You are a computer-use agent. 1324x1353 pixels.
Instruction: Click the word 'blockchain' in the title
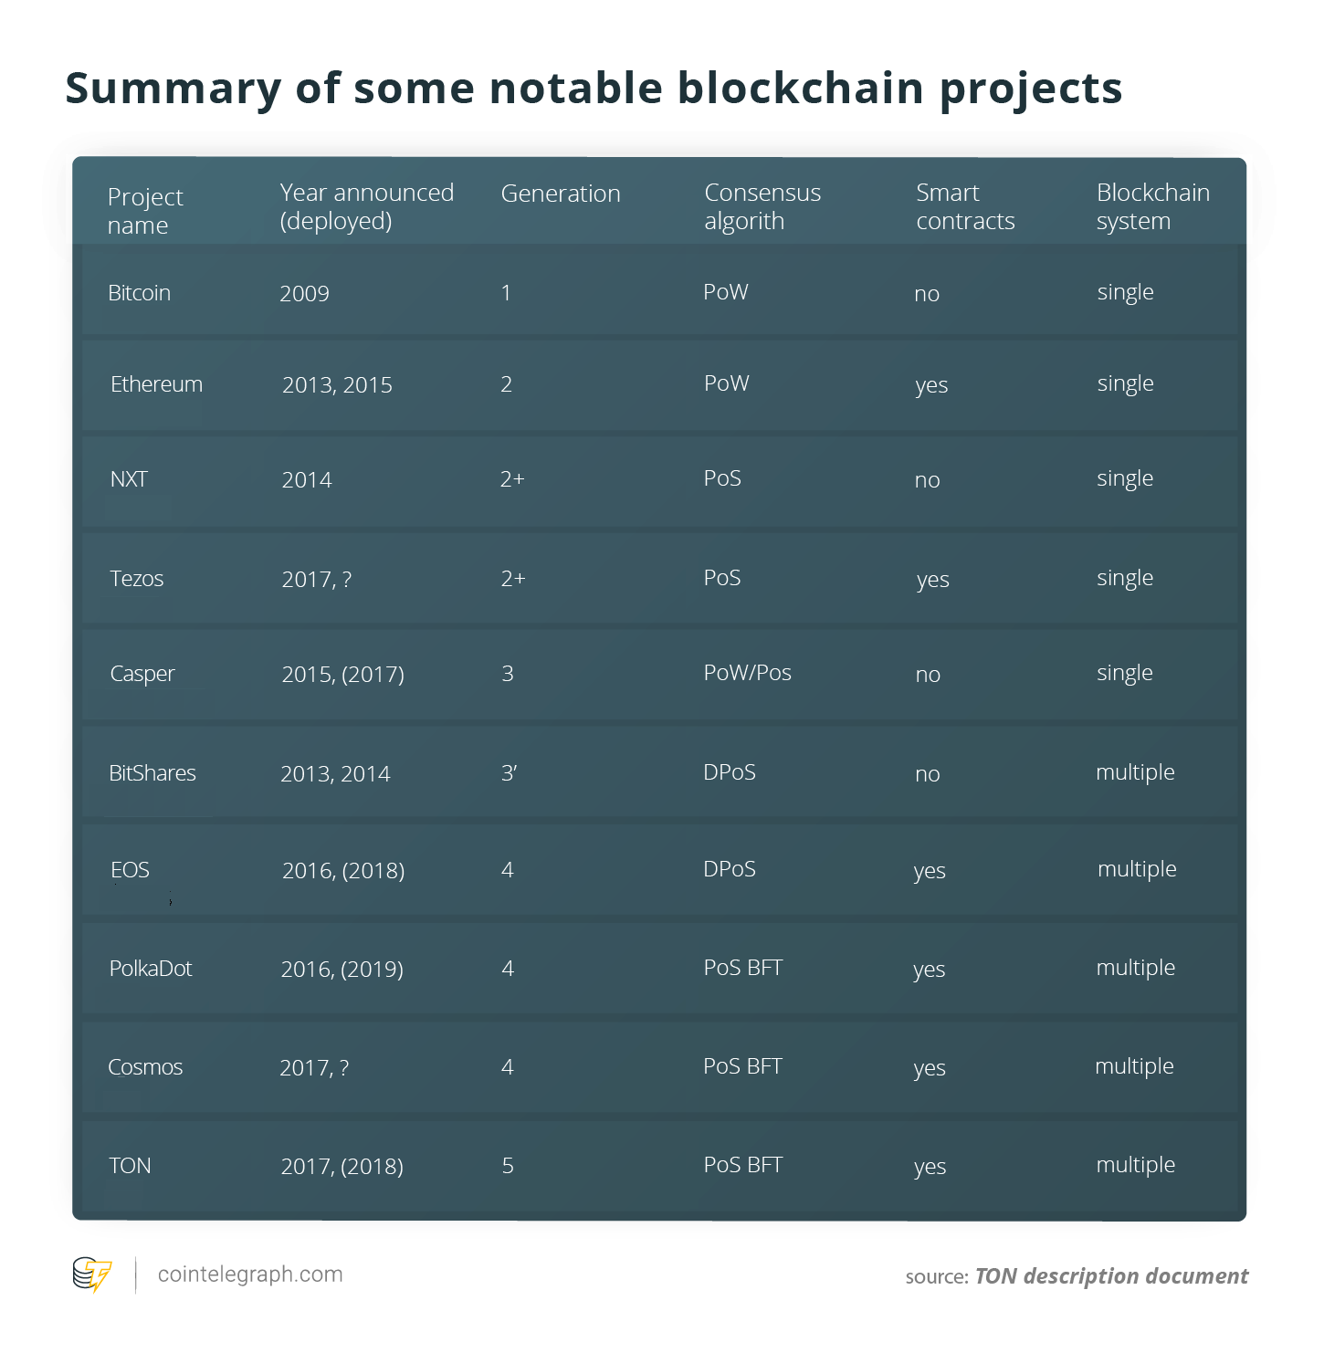[x=801, y=89]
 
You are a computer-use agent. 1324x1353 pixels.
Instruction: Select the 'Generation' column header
[x=561, y=194]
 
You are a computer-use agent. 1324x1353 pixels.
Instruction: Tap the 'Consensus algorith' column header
[x=762, y=206]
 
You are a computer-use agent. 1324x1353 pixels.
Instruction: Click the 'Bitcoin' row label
[x=139, y=293]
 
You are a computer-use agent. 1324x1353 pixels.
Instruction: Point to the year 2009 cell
[x=305, y=293]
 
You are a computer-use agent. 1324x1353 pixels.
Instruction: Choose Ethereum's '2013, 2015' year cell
[x=337, y=384]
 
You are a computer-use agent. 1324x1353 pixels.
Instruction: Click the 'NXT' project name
[x=129, y=479]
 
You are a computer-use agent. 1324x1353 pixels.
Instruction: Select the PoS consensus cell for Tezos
[x=721, y=578]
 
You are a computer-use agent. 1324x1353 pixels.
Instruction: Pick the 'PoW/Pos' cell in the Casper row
[x=748, y=672]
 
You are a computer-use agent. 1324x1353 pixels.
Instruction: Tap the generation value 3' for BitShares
[x=509, y=772]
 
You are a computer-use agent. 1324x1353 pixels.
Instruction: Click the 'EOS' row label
[x=130, y=870]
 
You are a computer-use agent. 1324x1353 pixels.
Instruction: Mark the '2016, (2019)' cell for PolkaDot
[x=342, y=969]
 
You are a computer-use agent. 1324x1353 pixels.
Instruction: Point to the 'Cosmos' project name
[x=145, y=1066]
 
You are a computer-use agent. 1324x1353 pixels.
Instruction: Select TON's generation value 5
[x=508, y=1165]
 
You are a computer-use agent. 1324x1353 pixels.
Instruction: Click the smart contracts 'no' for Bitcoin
[x=927, y=294]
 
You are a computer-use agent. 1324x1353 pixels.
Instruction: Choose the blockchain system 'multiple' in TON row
[x=1136, y=1165]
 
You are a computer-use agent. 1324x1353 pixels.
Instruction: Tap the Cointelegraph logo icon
[x=92, y=1274]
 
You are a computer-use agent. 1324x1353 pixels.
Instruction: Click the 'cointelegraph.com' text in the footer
[x=250, y=1274]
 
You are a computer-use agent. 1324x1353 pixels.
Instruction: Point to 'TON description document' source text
[x=1111, y=1275]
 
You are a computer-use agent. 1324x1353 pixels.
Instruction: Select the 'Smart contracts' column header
[x=965, y=206]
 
